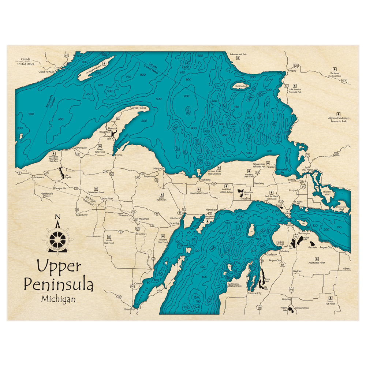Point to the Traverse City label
click(x=255, y=293)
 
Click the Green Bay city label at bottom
click(x=129, y=310)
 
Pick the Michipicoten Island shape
click(x=240, y=86)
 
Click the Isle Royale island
click(x=96, y=66)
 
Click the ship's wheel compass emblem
click(x=57, y=239)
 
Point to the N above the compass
click(x=57, y=217)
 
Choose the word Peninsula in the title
click(x=59, y=284)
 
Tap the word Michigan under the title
click(x=59, y=299)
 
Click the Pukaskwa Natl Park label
click(x=238, y=54)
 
